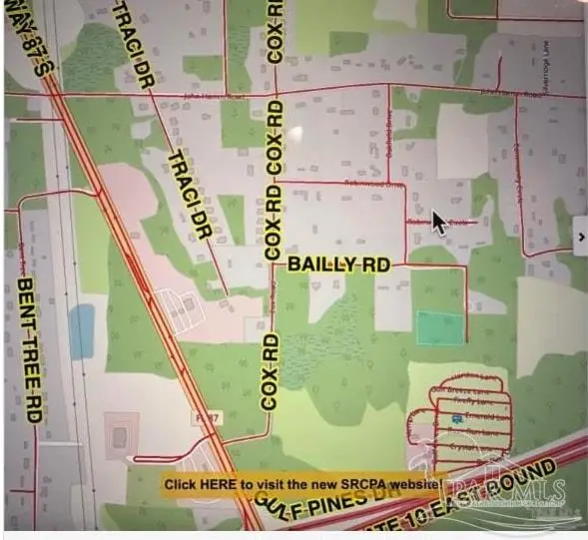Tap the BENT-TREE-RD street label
(27, 349)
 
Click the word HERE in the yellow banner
(219, 484)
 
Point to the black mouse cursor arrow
(438, 221)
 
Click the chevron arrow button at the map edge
(580, 237)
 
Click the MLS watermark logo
(509, 494)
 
